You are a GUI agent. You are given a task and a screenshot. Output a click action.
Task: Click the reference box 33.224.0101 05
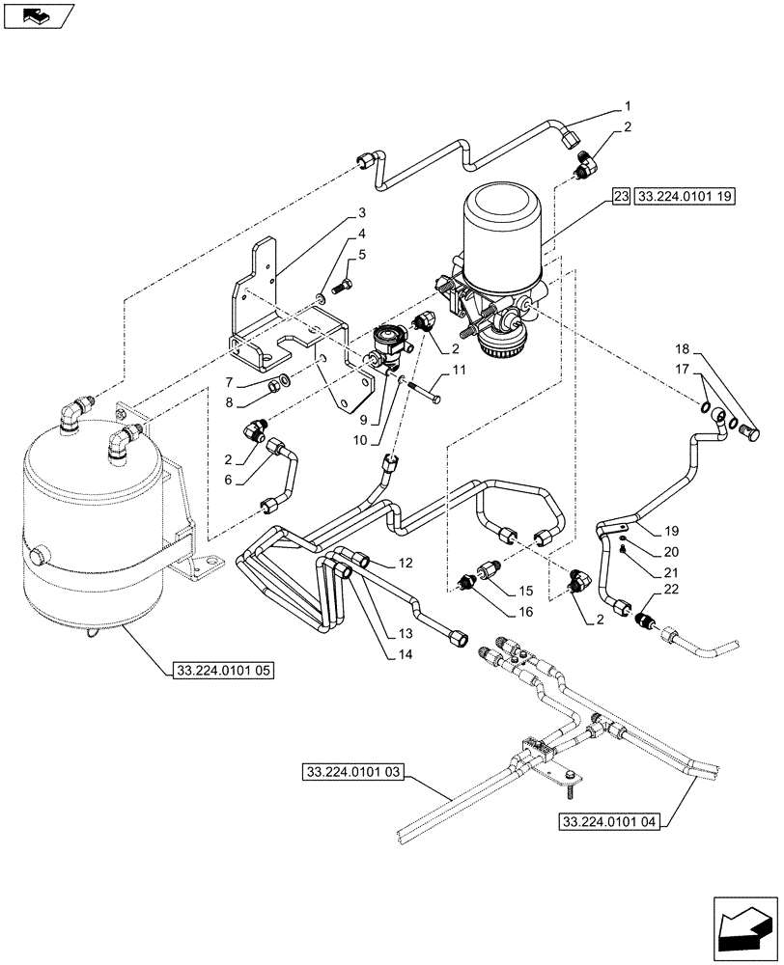pyautogui.click(x=223, y=669)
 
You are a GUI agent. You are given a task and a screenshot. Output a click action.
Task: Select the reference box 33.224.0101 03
pyautogui.click(x=355, y=772)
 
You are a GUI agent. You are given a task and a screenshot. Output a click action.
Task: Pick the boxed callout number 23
pyautogui.click(x=620, y=196)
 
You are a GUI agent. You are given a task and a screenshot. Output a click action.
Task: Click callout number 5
pyautogui.click(x=361, y=255)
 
